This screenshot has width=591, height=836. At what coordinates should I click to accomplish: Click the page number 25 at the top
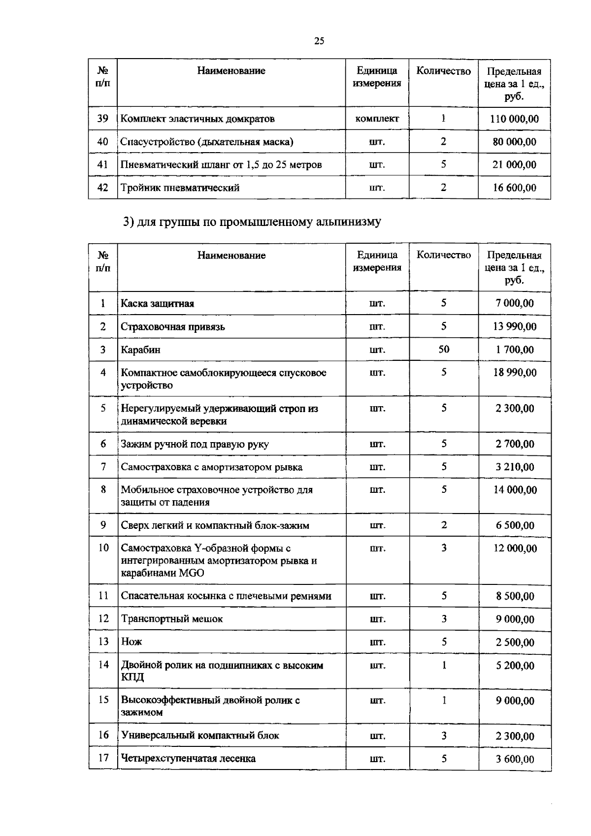click(x=319, y=41)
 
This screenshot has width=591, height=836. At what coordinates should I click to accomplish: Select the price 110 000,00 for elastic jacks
click(x=514, y=119)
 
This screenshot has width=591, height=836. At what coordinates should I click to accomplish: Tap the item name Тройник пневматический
click(x=180, y=188)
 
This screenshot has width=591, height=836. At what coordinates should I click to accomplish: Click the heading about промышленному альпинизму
click(x=252, y=222)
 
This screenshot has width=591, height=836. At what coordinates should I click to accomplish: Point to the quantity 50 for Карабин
click(x=444, y=350)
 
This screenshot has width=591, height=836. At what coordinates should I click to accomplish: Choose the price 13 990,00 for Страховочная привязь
click(x=515, y=326)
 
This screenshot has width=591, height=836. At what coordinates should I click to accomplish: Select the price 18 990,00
click(x=515, y=373)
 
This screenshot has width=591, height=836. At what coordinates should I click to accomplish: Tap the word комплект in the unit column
click(x=377, y=119)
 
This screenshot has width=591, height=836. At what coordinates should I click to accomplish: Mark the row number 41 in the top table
click(x=102, y=164)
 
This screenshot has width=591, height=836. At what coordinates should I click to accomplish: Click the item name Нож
click(x=131, y=642)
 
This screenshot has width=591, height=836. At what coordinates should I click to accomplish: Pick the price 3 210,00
click(x=515, y=467)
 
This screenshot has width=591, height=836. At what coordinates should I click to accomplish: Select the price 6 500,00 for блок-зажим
click(x=515, y=525)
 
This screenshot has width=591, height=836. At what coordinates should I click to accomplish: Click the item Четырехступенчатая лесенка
click(x=188, y=758)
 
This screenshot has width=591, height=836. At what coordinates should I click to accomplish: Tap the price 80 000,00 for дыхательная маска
click(x=514, y=142)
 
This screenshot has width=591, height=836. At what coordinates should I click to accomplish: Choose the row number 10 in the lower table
click(x=103, y=548)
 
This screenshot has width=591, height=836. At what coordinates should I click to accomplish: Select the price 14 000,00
click(x=515, y=490)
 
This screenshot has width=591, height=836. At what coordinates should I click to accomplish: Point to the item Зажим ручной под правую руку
click(x=195, y=444)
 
